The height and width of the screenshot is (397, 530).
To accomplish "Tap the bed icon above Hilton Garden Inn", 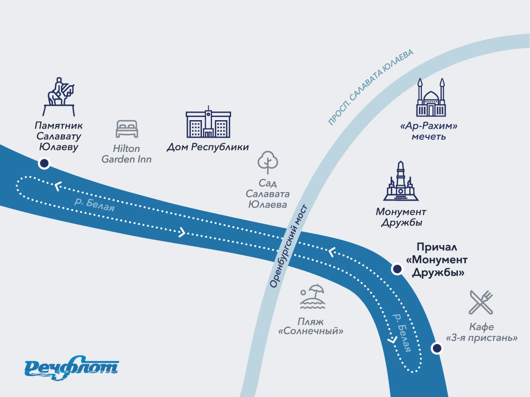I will click(x=127, y=129).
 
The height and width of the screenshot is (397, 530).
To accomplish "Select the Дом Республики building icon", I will click(x=208, y=123).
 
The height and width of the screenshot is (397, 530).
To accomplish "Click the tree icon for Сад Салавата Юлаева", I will click(x=267, y=163).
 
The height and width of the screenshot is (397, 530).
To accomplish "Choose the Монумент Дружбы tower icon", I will click(x=401, y=182).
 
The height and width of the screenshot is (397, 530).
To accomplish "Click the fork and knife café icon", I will click(x=481, y=302).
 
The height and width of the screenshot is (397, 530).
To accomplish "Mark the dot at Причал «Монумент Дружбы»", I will click(x=396, y=269).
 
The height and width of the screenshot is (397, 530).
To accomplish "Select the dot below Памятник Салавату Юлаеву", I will click(x=45, y=164).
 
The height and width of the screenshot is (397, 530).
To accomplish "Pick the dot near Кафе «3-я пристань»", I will click(x=436, y=348).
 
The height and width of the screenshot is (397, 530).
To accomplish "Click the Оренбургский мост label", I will click(x=289, y=246).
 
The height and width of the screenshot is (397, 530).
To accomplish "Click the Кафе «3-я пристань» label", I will click(x=481, y=332).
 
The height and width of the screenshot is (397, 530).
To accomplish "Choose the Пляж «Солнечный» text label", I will click(x=311, y=327).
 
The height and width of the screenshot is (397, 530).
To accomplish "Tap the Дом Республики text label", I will click(x=208, y=147).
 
